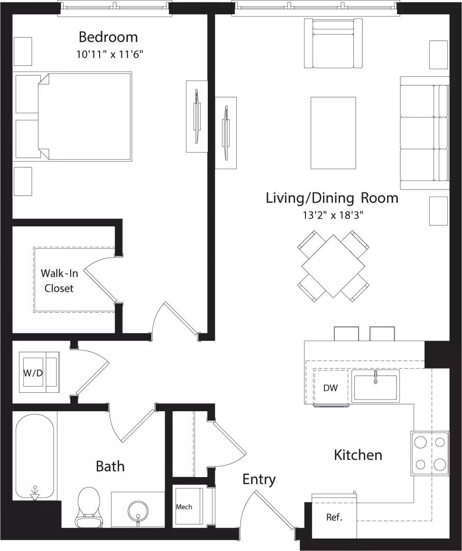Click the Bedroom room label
point(108,37)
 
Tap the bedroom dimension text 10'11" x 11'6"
point(110,54)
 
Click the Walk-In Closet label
point(59,280)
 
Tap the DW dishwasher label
point(331,388)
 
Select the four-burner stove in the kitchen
point(430,453)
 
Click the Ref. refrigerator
point(334,517)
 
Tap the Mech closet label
point(184,507)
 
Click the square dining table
point(333,266)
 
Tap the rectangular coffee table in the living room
point(333,133)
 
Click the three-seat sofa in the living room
point(425,133)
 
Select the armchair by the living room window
point(333,44)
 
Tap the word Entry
point(259,479)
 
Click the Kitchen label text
point(358,455)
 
